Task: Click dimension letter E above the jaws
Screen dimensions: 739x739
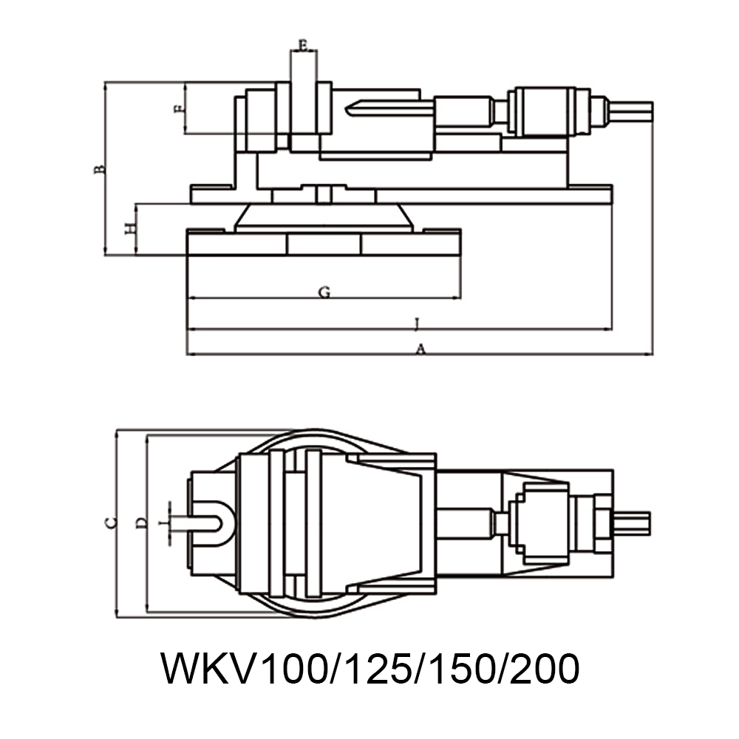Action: tap(303, 45)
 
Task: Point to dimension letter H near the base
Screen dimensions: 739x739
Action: tap(129, 228)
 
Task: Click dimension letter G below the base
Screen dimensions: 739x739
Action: tap(324, 293)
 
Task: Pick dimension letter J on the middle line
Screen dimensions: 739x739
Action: tap(418, 323)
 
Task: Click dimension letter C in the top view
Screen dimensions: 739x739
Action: tap(110, 522)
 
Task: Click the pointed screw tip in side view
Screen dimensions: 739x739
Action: tap(353, 109)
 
